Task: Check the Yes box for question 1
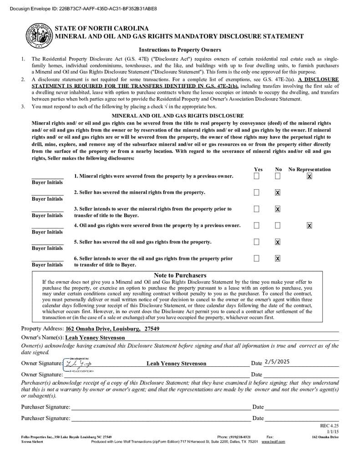coord(257,176)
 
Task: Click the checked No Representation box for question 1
coord(309,176)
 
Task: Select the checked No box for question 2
coord(278,192)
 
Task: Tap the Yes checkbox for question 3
coord(257,209)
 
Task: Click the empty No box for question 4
coord(278,225)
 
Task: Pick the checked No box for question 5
coord(278,242)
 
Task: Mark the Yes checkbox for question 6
coord(257,258)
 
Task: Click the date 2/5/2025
coord(277,362)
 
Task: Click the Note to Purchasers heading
coord(180,275)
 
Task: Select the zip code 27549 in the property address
coord(152,329)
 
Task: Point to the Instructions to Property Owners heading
coord(180,50)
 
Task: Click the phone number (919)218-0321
coord(234,437)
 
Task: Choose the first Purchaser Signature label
coord(46,407)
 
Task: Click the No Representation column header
coord(309,169)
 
